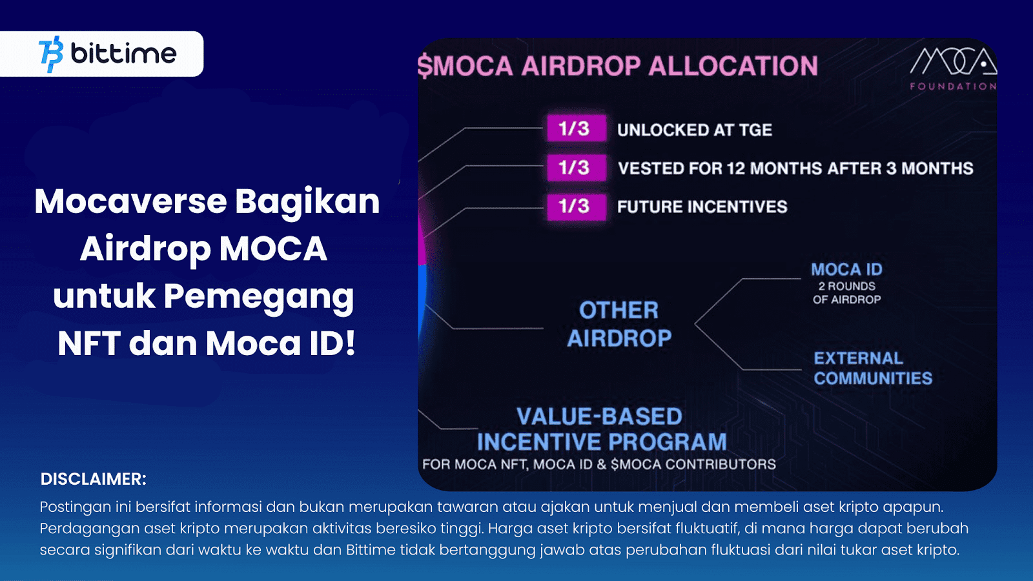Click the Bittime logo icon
click(x=51, y=54)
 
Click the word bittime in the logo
click(x=123, y=54)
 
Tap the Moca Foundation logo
click(x=953, y=61)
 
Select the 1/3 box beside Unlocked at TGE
click(x=576, y=128)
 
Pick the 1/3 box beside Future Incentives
click(x=576, y=207)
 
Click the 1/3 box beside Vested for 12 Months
click(x=576, y=168)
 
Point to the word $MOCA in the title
click(x=465, y=66)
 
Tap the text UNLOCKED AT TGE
click(x=694, y=130)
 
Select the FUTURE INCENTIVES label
click(x=702, y=207)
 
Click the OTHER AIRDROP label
click(x=619, y=324)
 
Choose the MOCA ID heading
click(x=846, y=269)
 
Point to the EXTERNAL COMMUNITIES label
click(x=872, y=368)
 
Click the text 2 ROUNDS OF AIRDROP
click(x=846, y=292)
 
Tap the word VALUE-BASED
click(x=599, y=416)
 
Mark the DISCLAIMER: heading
click(x=94, y=479)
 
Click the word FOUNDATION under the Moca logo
click(x=953, y=86)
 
